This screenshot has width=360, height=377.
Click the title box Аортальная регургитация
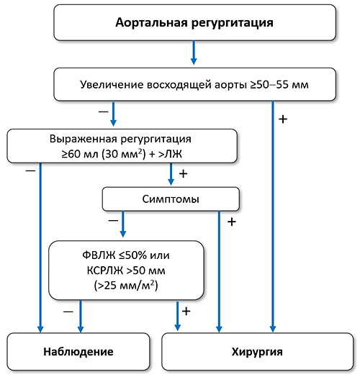pyautogui.click(x=194, y=22)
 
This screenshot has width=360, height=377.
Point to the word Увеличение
pyautogui.click(x=110, y=85)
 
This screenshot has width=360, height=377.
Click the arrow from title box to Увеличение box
pyautogui.click(x=193, y=53)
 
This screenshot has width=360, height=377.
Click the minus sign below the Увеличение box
pyautogui.click(x=104, y=112)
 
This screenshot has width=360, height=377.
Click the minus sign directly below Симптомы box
pyautogui.click(x=112, y=222)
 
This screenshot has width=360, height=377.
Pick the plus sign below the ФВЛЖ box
pyautogui.click(x=185, y=312)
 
